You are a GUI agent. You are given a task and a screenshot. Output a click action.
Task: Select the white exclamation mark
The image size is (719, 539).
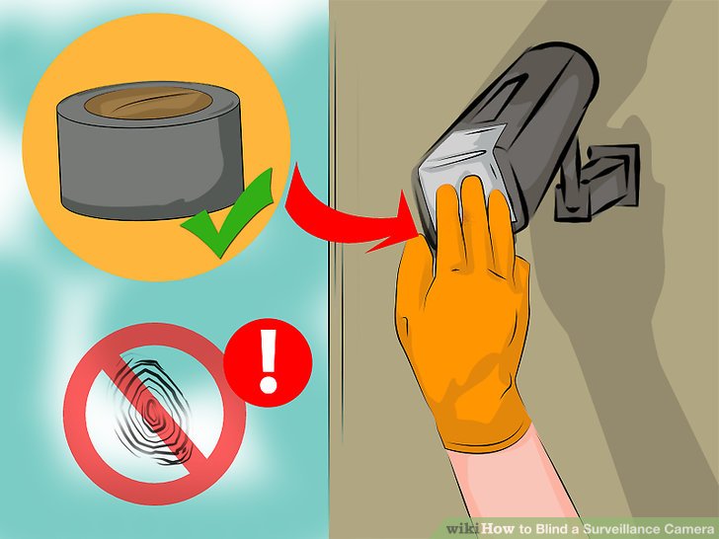pyautogui.click(x=269, y=361)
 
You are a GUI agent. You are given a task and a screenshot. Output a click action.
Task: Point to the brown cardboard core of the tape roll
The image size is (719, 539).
pyautogui.click(x=148, y=103)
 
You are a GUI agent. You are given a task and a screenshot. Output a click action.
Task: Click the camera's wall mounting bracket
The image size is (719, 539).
pyautogui.click(x=597, y=183)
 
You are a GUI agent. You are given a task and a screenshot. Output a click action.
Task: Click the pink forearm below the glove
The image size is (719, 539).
pyautogui.click(x=509, y=482)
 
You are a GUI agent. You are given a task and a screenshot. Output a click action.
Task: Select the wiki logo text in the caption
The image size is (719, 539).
pyautogui.click(x=462, y=529)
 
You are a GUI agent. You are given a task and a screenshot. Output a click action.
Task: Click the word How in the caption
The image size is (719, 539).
pyautogui.click(x=498, y=529)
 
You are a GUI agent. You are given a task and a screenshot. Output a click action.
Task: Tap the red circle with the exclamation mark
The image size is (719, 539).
pyautogui.click(x=269, y=362)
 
